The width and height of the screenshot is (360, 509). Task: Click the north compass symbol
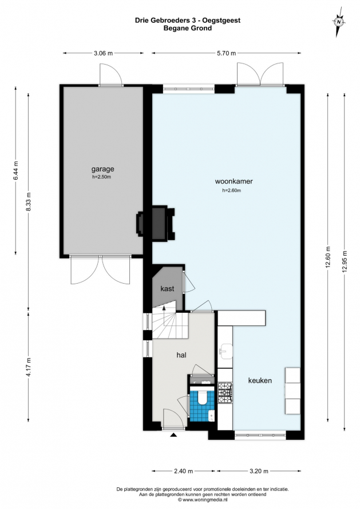pos(339,22)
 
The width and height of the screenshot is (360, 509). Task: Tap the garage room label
pos(102,169)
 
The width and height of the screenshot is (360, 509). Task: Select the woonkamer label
pos(234,181)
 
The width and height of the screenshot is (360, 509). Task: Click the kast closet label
pos(167,289)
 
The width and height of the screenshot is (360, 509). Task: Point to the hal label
pos(181,355)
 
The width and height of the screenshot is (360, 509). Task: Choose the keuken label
pos(260,380)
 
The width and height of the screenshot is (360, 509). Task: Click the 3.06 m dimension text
pos(103,54)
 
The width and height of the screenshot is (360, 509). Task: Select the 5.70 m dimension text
pos(227,54)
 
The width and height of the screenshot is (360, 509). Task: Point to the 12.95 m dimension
pos(345,261)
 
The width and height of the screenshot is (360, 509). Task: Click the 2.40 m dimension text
pos(184,471)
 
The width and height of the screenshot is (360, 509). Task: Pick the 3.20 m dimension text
pos(259,471)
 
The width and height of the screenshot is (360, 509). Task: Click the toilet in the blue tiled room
pos(203,397)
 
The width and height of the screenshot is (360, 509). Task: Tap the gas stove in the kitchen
pos(225,393)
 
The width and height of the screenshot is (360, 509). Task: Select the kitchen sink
pos(225,351)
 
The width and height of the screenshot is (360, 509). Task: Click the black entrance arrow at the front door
pos(173,435)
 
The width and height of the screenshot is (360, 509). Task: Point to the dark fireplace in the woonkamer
pos(155,224)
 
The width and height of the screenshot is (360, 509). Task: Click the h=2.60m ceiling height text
pos(231,190)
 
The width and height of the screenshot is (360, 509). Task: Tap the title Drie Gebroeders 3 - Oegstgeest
pos(188,21)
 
